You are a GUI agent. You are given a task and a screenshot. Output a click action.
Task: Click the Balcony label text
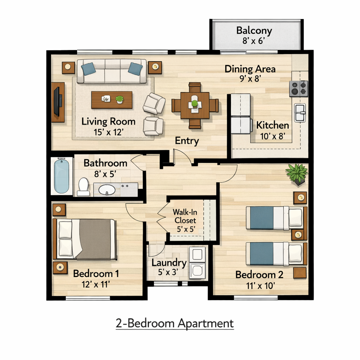254,30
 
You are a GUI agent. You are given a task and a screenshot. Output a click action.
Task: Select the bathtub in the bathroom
62,176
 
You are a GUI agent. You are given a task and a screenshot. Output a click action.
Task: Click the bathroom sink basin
107,190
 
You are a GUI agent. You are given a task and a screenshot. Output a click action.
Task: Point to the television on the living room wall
57,102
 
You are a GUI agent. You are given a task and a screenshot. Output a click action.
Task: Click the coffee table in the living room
112,99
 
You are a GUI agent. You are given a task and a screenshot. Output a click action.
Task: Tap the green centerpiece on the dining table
194,103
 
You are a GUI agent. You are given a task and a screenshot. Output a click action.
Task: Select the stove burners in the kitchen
299,88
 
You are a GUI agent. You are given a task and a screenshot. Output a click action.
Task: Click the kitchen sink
300,113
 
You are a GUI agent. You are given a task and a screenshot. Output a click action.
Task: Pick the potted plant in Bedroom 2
297,173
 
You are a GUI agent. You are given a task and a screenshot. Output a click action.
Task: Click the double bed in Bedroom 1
85,239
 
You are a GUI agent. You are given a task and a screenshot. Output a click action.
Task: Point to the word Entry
187,141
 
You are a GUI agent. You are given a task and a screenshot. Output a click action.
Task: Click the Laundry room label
169,263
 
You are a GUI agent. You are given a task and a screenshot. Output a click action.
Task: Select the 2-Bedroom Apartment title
175,323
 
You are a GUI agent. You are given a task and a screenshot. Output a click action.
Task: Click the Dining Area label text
250,69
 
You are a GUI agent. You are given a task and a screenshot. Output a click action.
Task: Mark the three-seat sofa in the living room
112,71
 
